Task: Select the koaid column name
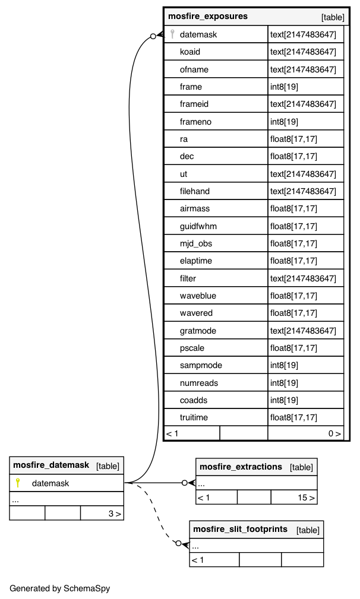coord(190,52)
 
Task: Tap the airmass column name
coord(195,209)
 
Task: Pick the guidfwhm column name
coord(198,226)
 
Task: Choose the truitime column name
coord(194,418)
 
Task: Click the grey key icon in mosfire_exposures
coord(172,34)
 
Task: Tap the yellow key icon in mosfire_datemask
coord(18,483)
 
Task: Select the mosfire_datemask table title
coord(51,465)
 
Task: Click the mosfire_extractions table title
coord(241,467)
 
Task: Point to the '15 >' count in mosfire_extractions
coord(306,497)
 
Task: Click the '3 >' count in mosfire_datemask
coord(115,514)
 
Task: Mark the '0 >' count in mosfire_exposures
coord(335,434)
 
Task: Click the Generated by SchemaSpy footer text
coord(60,589)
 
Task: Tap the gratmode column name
coord(198,331)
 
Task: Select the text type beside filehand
coord(303,191)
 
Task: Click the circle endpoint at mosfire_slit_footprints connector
coord(178,543)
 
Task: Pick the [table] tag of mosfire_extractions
coord(301,467)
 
